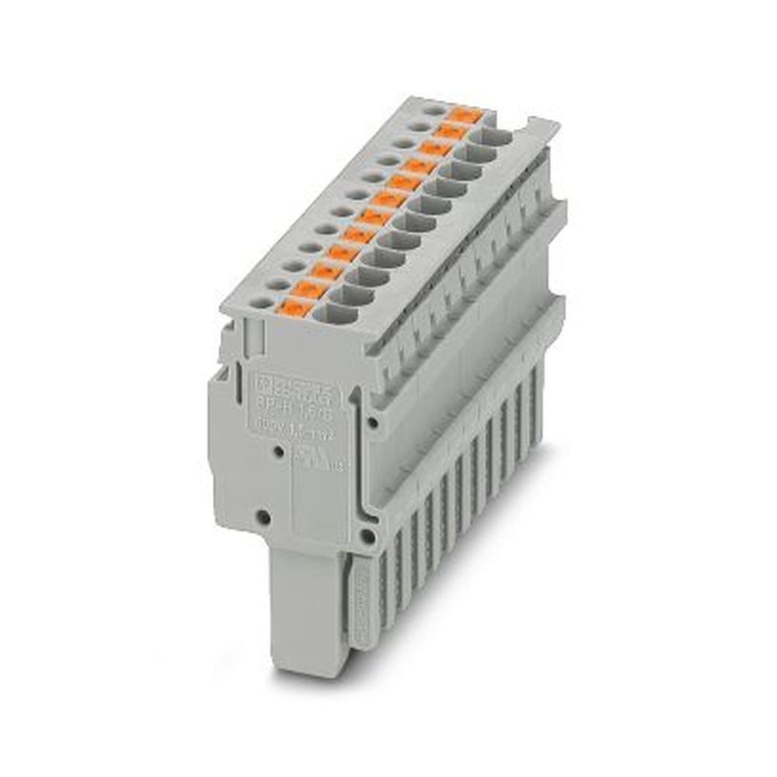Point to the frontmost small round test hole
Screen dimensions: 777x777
coord(261,302)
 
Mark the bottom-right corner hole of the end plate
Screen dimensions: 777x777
coord(367,536)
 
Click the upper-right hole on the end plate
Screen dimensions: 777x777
coord(374,422)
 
